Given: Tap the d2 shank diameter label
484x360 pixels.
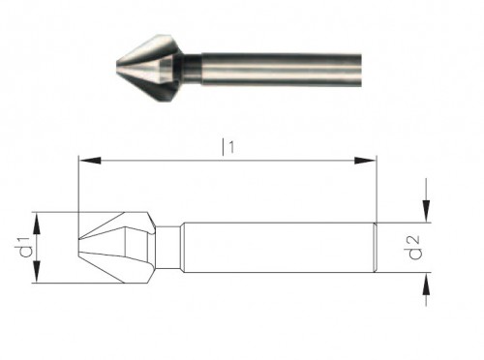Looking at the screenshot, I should pos(414,249).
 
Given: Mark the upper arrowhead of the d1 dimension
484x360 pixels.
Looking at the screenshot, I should pos(37,221).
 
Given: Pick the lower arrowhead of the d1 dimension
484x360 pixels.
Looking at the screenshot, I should pos(37,275).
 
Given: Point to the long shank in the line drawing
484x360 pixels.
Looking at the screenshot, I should pos(276,248).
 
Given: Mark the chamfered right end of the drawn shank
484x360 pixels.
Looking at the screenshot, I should pos(374,248).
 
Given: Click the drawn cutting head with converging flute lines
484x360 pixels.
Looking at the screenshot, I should pos(116,248).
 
